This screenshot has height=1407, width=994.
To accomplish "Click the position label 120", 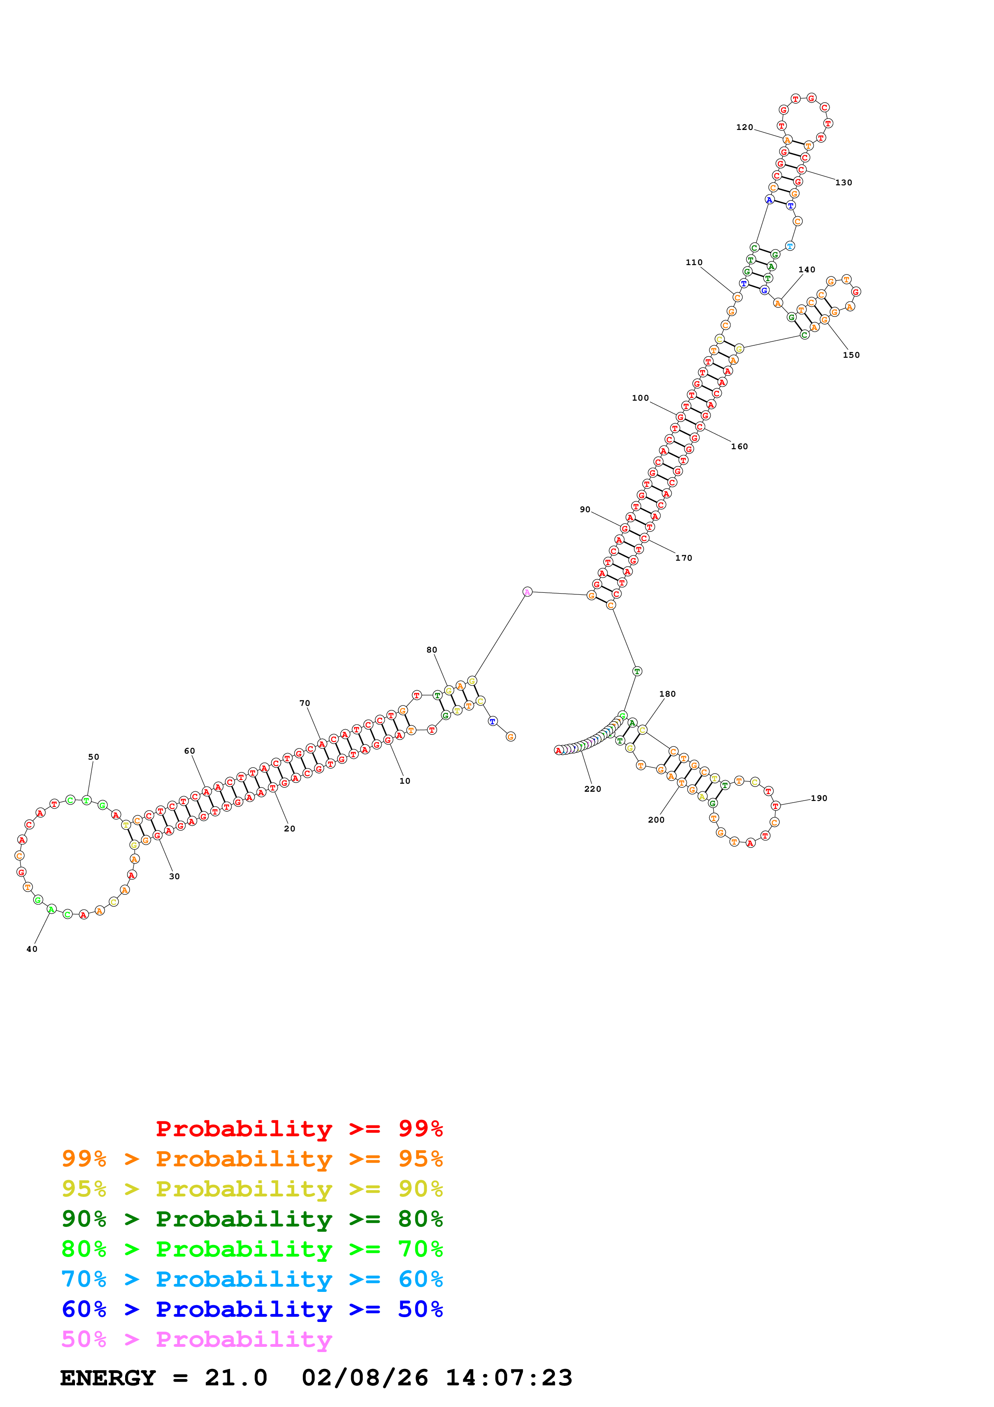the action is tap(744, 128).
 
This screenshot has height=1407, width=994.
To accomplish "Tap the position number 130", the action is tap(843, 182).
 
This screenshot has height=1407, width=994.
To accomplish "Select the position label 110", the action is tap(694, 262).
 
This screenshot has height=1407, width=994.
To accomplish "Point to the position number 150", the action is tap(851, 355).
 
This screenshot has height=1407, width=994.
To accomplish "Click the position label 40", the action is tap(32, 949).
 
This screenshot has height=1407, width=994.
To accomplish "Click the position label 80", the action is tap(432, 650).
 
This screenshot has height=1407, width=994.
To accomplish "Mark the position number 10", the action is tap(405, 781).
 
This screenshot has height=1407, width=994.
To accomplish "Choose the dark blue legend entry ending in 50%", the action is tap(252, 1309).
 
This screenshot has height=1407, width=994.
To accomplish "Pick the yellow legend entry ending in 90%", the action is tap(252, 1189).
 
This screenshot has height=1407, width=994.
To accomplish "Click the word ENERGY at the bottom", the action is tap(108, 1378).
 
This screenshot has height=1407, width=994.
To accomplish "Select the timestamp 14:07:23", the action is tap(508, 1378).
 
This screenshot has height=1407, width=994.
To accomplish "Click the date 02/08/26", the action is tap(364, 1378).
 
